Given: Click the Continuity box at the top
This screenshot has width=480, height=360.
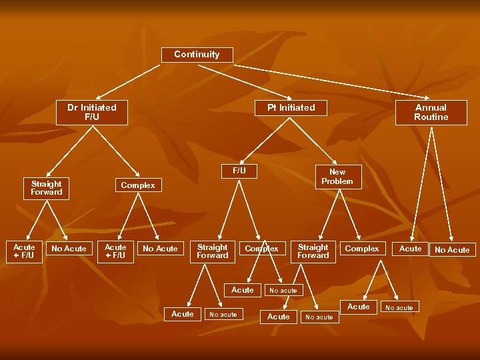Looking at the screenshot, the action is point(197,55).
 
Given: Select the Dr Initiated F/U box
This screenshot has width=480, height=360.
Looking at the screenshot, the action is point(92,112).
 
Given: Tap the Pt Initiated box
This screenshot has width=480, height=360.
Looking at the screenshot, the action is point(291,107).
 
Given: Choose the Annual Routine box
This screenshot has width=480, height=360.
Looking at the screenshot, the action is point(431,112).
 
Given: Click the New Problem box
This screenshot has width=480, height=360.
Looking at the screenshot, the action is point(337,177).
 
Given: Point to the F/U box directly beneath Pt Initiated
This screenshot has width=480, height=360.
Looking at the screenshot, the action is point(239,171).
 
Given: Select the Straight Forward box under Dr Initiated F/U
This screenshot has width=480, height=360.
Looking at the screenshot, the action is point(46,188).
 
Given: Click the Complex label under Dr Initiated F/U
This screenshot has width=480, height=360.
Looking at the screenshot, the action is point(138,185).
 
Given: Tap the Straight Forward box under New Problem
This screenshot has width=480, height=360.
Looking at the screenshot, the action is point(313,251).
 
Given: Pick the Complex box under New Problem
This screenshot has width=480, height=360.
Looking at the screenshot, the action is point(362,249).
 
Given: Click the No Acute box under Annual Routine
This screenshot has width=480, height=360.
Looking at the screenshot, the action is point(452,250).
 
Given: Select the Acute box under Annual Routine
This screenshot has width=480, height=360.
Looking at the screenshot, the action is point(410,249).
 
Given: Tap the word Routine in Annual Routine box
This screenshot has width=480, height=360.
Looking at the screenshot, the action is point(431,117).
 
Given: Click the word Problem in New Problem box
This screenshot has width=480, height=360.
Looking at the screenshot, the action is point(337,181).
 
